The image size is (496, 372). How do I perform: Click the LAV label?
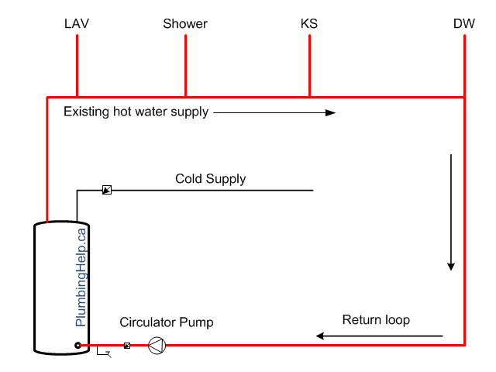click(77, 24)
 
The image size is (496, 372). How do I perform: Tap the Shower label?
click(185, 24)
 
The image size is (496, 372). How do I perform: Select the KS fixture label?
click(309, 24)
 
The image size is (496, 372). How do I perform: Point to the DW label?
click(464, 24)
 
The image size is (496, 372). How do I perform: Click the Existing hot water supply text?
click(136, 112)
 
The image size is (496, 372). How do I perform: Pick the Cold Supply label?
click(210, 179)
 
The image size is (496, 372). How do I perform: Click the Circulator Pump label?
click(166, 322)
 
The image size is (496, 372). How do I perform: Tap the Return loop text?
click(376, 320)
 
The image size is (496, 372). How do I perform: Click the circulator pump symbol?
click(157, 346)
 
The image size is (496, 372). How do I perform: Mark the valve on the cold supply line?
click(107, 189)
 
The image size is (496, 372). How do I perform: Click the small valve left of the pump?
click(127, 346)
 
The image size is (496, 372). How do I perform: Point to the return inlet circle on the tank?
click(78, 346)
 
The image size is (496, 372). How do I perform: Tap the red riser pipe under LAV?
click(77, 65)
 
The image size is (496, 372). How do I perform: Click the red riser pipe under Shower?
click(185, 65)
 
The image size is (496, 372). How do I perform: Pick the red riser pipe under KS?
click(309, 65)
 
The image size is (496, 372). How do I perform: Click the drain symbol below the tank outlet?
click(104, 354)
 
